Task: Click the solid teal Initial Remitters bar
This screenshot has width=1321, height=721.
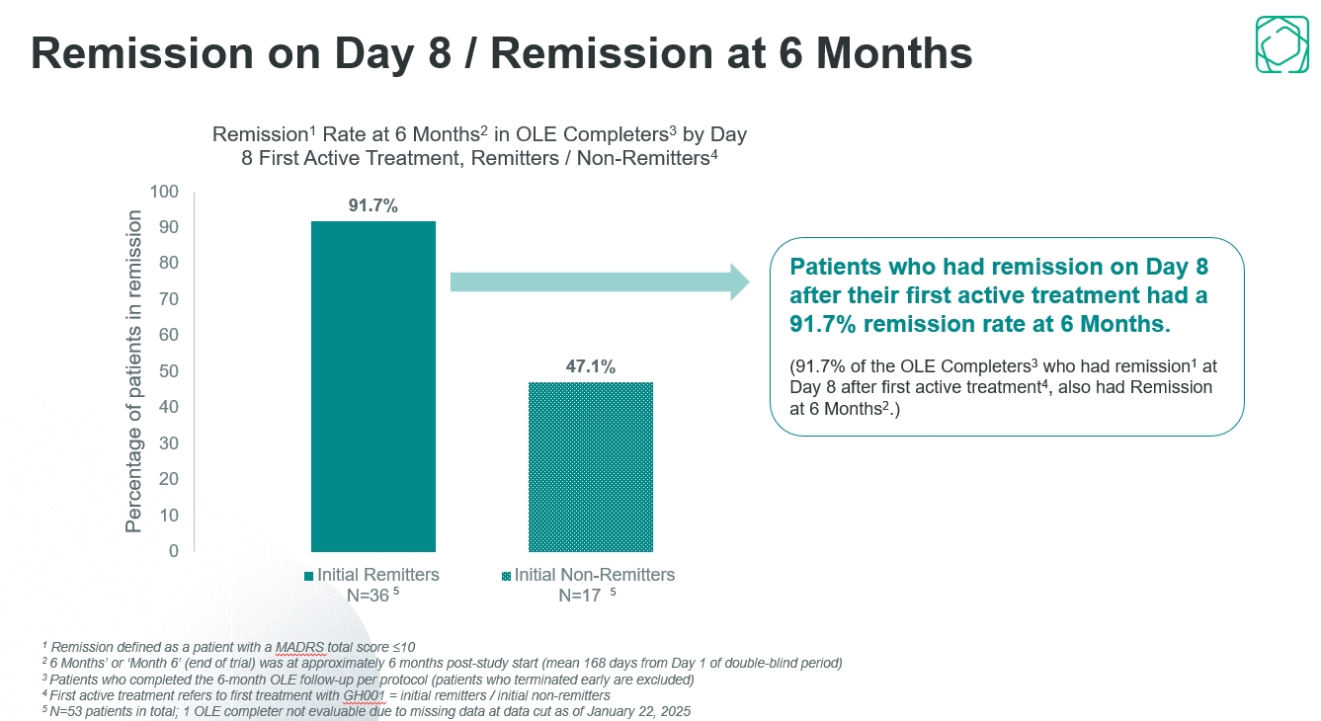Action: coord(372,385)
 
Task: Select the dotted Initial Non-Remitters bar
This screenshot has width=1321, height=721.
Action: coord(590,466)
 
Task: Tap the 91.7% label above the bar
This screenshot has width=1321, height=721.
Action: coord(372,206)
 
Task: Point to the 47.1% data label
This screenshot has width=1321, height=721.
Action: coord(590,366)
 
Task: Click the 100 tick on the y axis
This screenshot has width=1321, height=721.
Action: coord(164,191)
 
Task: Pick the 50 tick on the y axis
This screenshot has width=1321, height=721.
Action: coord(169,370)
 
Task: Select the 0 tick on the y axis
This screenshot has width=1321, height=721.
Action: coord(174,551)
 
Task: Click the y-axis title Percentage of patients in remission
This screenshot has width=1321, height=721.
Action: coord(134,371)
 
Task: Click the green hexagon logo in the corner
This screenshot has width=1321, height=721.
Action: coord(1281,44)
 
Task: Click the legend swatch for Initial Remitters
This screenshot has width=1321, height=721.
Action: coord(308,576)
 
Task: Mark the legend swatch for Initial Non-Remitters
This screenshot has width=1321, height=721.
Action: coord(506,576)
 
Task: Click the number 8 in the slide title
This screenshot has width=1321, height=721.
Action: coord(440,53)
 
